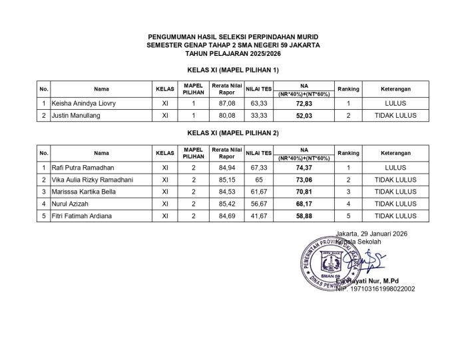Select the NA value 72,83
(x=304, y=103)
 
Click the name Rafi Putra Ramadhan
(x=82, y=168)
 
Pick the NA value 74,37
(x=304, y=168)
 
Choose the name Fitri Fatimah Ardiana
(x=81, y=216)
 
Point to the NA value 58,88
(x=304, y=216)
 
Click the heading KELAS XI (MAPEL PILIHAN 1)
(x=233, y=69)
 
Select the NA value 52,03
(x=304, y=115)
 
